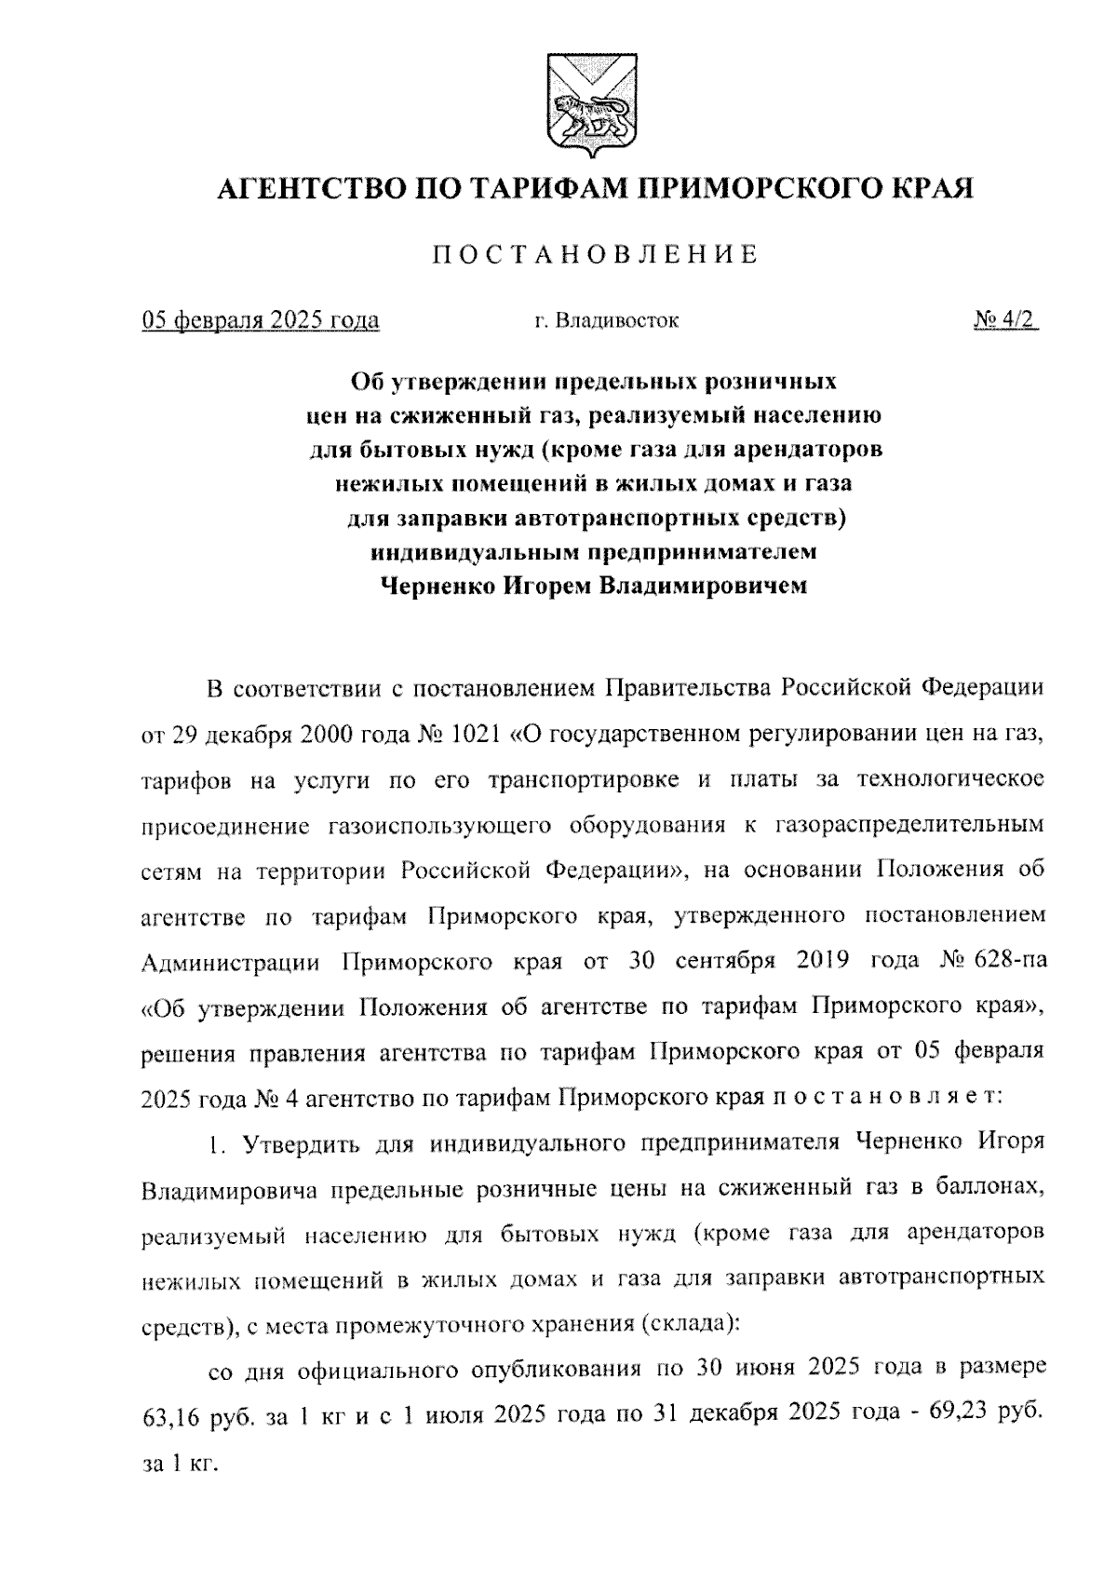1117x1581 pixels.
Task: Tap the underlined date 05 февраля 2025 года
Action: pos(261,321)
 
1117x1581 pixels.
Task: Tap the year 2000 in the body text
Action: pos(332,735)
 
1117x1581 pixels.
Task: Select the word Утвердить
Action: pos(304,1143)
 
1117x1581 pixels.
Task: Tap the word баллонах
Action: pos(989,1189)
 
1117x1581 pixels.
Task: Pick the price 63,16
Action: pos(170,1416)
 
